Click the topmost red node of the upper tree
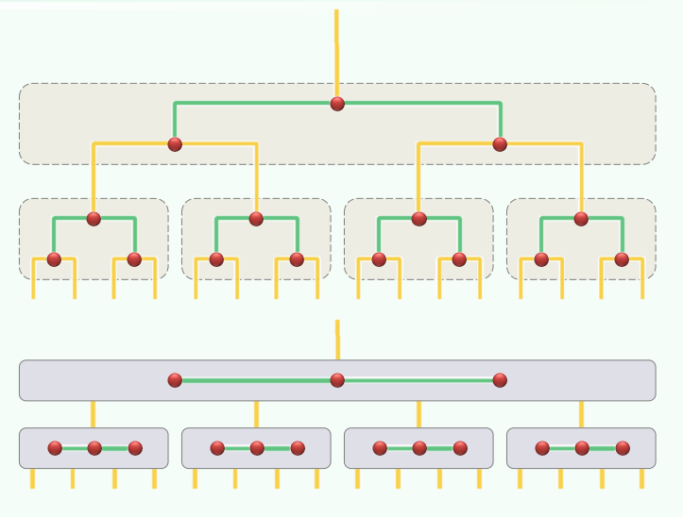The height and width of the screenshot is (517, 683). (337, 104)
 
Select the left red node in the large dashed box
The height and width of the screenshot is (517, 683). (175, 144)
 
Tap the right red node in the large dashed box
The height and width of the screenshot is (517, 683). (500, 144)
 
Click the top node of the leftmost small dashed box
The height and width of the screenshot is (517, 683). (94, 219)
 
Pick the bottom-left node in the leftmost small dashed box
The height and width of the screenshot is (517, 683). (54, 259)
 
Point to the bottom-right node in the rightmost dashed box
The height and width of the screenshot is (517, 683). (622, 259)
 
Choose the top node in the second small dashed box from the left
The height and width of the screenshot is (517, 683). (256, 219)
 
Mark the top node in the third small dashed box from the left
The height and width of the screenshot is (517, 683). (418, 219)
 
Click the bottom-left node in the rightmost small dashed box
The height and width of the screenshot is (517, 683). (541, 259)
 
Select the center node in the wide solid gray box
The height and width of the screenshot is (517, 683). (337, 380)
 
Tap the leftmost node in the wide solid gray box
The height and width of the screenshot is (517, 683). (175, 380)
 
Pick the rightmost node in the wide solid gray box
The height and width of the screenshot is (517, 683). (500, 380)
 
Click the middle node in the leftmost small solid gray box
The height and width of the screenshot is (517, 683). (94, 448)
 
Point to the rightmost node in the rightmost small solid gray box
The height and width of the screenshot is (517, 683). (623, 448)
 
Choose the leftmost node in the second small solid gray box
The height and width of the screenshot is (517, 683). (217, 448)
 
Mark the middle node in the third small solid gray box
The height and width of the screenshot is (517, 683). (419, 448)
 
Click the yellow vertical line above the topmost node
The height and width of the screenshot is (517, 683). (336, 47)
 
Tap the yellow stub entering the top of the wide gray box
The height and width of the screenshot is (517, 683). (337, 340)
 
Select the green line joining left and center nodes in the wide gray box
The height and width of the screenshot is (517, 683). (256, 380)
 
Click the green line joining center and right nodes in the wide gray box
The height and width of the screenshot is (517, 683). (418, 380)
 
